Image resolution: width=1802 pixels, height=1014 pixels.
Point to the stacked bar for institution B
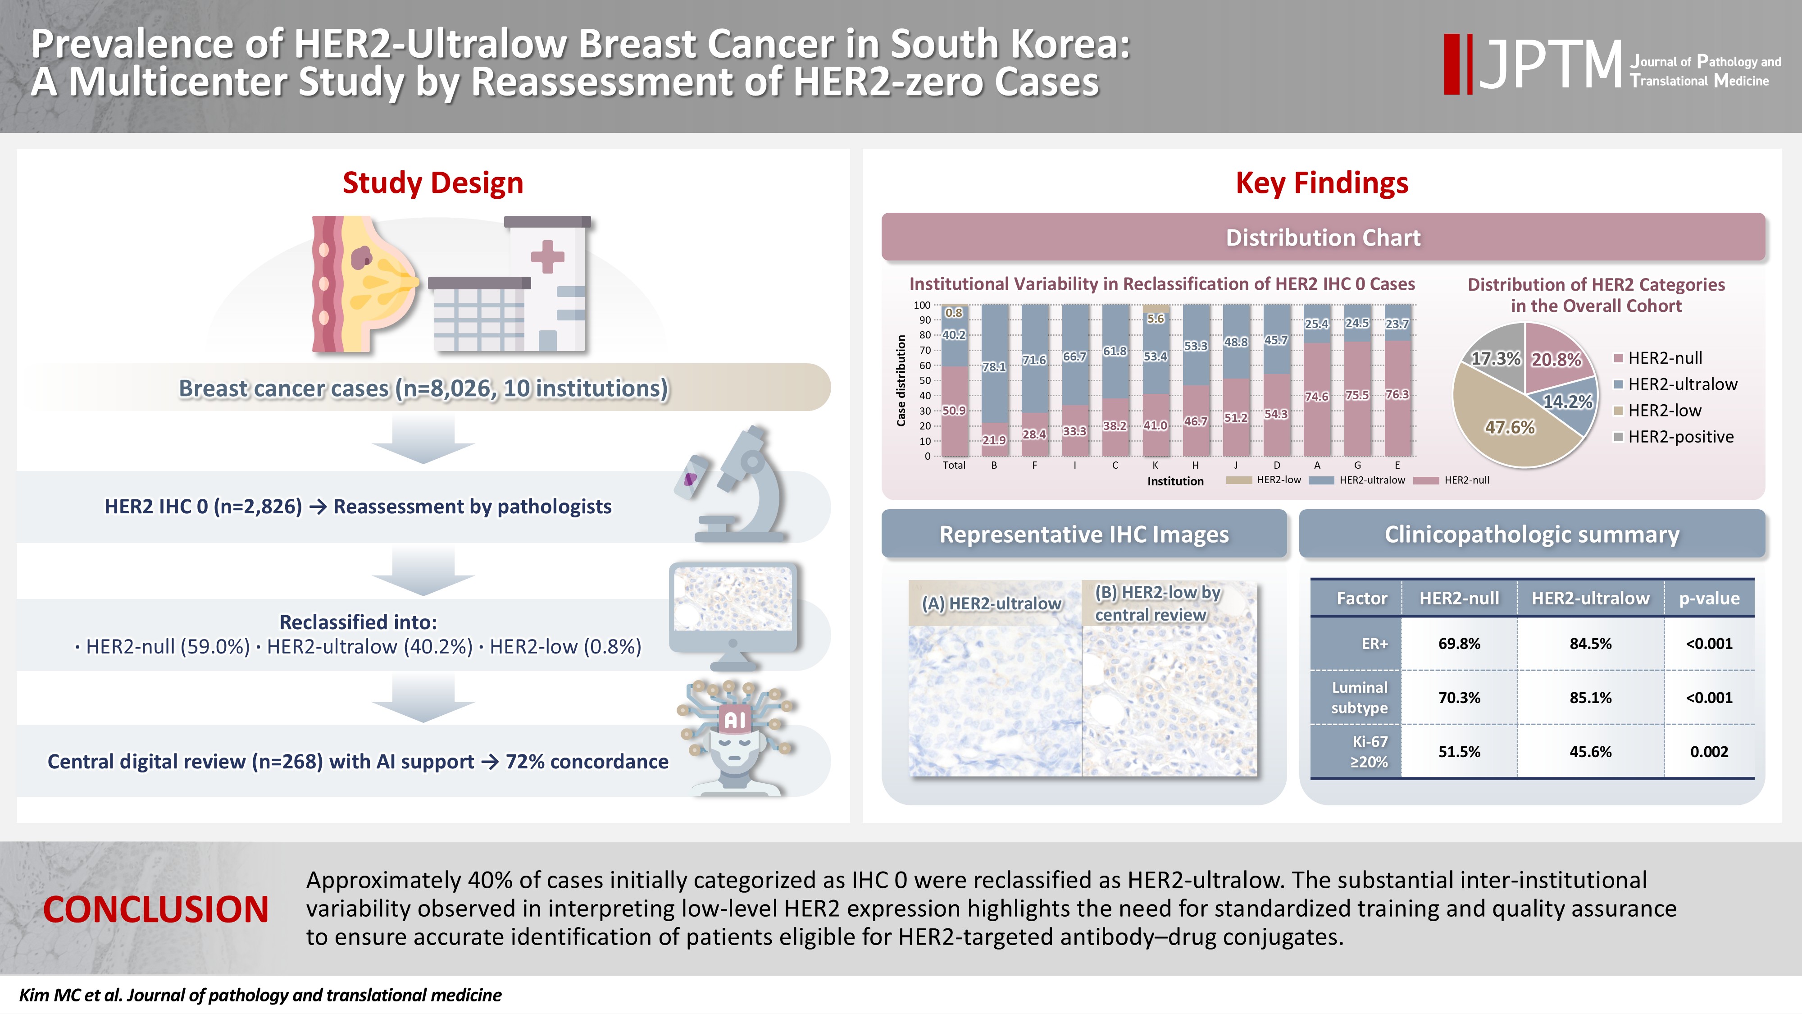click(994, 381)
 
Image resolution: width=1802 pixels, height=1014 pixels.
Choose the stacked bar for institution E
click(1397, 381)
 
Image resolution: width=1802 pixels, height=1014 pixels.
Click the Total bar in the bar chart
click(954, 381)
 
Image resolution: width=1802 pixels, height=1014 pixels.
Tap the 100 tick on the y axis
click(922, 305)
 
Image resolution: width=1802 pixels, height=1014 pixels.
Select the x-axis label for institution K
click(1155, 466)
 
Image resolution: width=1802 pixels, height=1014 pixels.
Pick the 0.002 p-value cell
click(1708, 752)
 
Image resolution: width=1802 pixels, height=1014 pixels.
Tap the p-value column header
click(1708, 598)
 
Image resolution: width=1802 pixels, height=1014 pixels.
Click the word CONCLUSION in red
click(155, 910)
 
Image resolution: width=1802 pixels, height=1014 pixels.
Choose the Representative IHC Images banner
click(1083, 534)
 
